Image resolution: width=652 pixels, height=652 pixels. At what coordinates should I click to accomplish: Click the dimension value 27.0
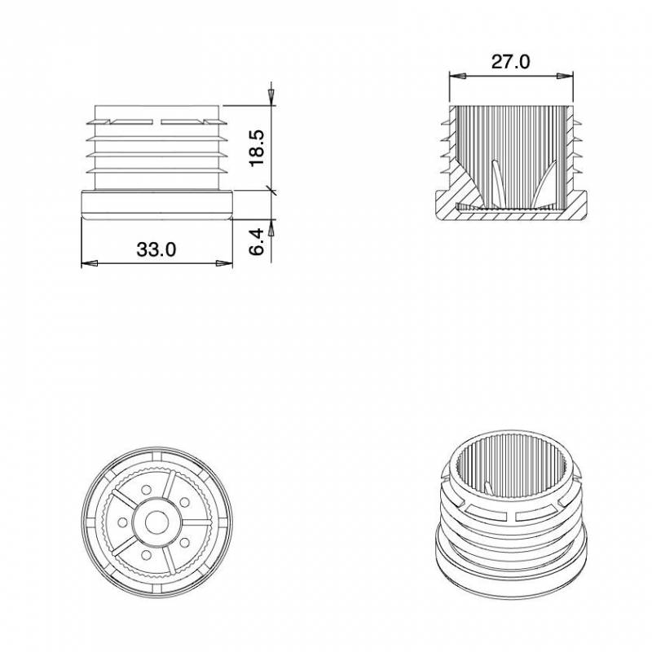[510, 61]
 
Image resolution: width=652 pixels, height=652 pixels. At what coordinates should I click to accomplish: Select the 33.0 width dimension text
[156, 249]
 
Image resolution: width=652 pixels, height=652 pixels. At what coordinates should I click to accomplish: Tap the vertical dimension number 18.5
[256, 148]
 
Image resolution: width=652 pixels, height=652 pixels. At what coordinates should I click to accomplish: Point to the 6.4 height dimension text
[256, 243]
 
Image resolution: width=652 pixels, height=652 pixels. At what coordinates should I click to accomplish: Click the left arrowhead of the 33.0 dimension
[90, 263]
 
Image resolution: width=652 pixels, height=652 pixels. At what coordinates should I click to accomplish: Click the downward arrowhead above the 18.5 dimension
[270, 97]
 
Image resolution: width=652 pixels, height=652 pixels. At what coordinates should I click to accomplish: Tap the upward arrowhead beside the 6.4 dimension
[270, 229]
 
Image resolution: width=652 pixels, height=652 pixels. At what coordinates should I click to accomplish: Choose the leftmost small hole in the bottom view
[122, 522]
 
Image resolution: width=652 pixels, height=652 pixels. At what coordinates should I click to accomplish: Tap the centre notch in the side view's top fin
[157, 122]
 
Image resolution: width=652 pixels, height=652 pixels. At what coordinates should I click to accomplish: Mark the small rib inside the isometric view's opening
[488, 487]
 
